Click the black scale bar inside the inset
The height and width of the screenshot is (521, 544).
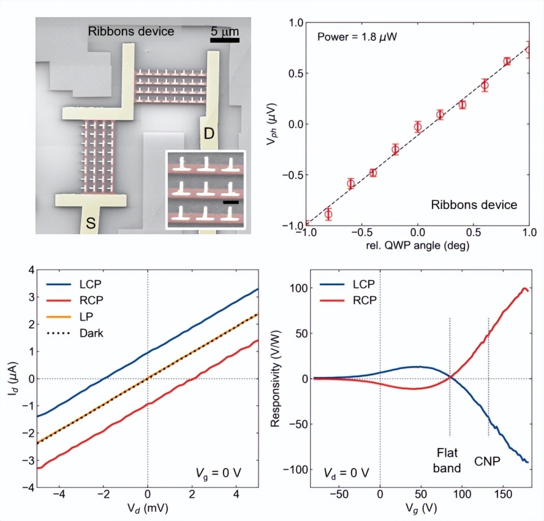click(231, 202)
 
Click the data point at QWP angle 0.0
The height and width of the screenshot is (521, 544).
click(418, 127)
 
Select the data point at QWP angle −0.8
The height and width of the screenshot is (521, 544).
click(328, 214)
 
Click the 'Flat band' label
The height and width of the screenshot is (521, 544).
click(449, 460)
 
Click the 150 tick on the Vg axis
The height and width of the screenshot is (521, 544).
click(502, 495)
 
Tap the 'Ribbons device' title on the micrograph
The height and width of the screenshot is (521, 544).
click(131, 31)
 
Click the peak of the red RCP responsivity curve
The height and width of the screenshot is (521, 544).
click(525, 289)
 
